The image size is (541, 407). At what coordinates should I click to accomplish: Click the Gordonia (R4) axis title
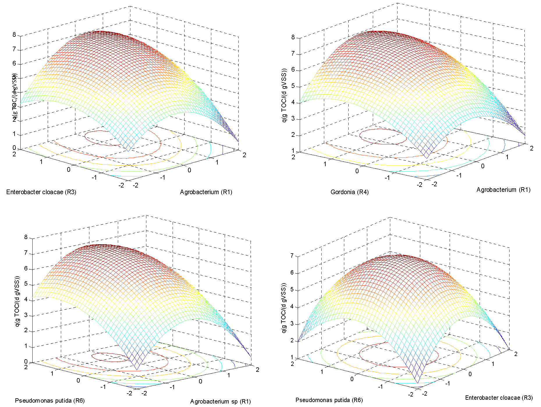[349, 192]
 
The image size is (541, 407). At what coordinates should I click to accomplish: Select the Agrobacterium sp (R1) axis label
[220, 401]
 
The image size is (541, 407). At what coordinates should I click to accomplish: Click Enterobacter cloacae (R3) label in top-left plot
[41, 192]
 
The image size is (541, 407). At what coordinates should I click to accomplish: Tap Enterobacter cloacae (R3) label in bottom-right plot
[499, 398]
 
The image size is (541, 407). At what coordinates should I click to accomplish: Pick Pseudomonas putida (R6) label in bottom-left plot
[50, 401]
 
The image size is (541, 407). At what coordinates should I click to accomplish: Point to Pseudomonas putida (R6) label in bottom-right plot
[329, 400]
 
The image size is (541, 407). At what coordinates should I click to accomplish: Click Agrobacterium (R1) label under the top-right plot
[503, 190]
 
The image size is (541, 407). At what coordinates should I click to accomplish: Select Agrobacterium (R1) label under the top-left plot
[206, 192]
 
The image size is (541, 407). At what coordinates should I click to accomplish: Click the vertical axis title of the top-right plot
[284, 95]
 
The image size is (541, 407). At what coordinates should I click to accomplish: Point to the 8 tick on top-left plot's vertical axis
[14, 34]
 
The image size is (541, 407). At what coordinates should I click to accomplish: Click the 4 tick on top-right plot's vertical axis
[293, 102]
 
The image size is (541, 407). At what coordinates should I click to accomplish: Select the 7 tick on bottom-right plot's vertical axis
[292, 256]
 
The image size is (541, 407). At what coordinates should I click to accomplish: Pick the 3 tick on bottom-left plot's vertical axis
[26, 315]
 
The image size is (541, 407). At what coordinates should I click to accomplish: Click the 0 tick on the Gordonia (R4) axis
[357, 171]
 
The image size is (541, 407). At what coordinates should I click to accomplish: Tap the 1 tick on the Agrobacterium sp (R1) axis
[228, 375]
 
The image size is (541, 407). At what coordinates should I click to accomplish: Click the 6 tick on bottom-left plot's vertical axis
[26, 268]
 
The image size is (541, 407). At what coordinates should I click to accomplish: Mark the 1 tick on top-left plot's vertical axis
[14, 134]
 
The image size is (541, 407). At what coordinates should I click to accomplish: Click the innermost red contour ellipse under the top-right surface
[383, 137]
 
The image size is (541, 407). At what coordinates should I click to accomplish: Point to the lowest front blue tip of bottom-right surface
[418, 383]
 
